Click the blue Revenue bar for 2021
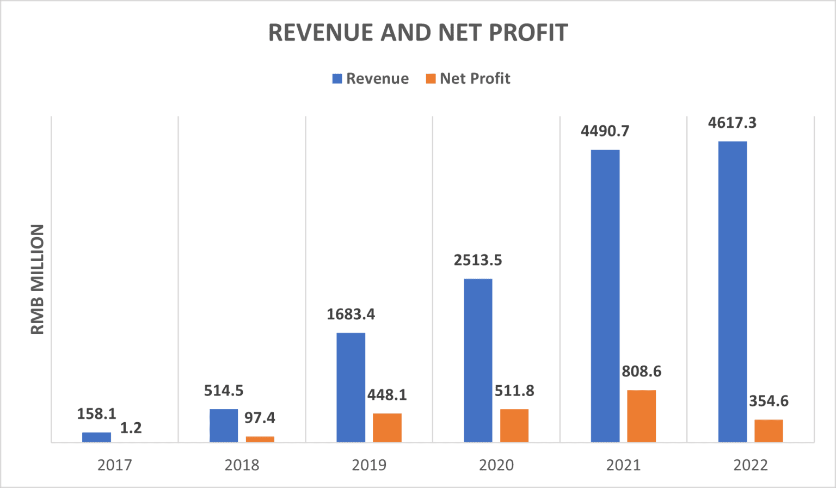pos(605,295)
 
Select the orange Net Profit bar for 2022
pos(769,430)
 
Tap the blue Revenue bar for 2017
pos(96,437)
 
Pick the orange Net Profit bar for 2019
pos(387,428)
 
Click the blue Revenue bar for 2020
pos(478,360)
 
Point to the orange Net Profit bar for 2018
pos(260,439)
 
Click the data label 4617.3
pos(732,123)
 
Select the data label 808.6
pos(642,372)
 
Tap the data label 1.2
pos(131,428)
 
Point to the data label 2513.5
pos(478,261)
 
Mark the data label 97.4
pos(260,418)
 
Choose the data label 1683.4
pos(351,314)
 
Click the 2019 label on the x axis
pos(369,465)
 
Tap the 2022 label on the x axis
pos(751,465)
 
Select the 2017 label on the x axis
pos(114,465)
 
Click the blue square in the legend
pos(337,79)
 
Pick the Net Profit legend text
pos(475,79)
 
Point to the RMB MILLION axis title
pos(37,279)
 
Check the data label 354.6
pos(769,401)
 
